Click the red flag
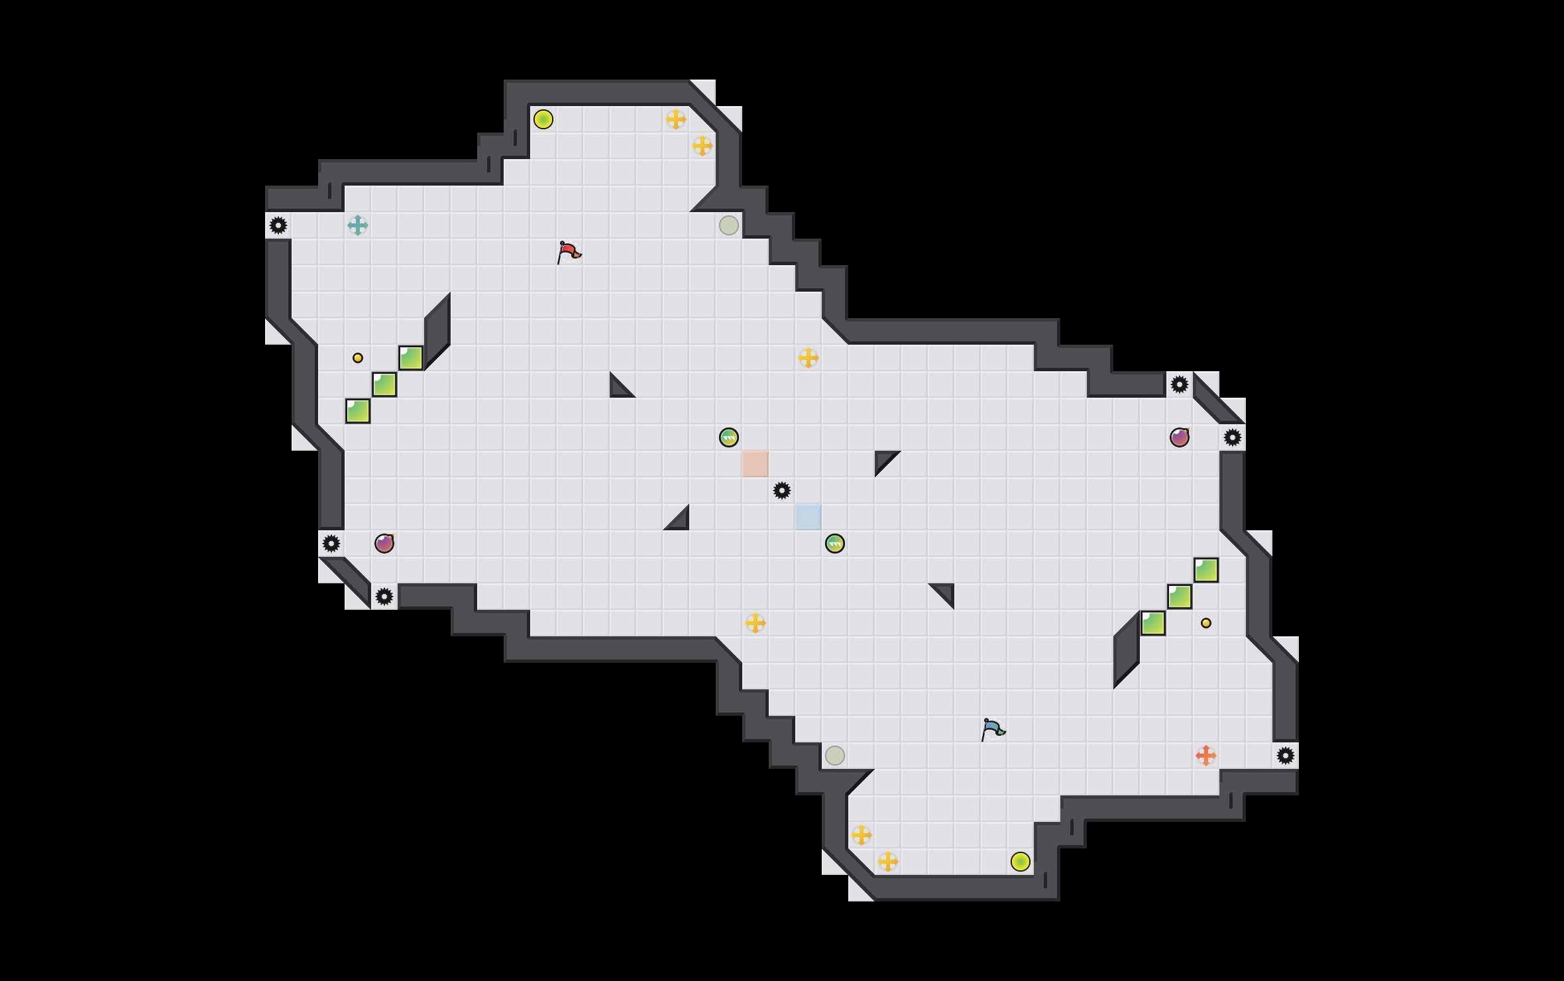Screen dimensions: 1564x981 [x=569, y=252]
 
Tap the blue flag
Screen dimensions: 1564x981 [x=993, y=729]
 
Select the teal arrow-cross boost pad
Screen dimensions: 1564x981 [x=358, y=225]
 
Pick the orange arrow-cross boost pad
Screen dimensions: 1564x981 [x=1206, y=756]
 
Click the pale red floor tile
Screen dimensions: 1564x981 [x=755, y=464]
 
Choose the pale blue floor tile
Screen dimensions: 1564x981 [x=809, y=517]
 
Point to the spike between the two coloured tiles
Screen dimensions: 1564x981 [x=782, y=490]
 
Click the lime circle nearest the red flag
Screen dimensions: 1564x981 [x=543, y=119]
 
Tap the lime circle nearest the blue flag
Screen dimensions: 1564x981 [x=1021, y=862]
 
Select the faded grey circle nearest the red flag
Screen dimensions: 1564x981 [x=729, y=225]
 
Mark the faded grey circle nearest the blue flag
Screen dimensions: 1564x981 [x=835, y=756]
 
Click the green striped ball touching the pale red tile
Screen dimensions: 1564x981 [x=729, y=437]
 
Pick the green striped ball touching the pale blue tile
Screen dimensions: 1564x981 [x=835, y=544]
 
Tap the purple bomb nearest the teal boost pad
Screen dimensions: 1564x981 [x=384, y=544]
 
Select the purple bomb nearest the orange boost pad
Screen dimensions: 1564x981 [x=1180, y=437]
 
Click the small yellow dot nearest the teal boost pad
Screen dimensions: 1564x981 [x=358, y=358]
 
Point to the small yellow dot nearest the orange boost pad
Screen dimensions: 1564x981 [x=1206, y=623]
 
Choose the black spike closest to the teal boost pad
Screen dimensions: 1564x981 [x=278, y=225]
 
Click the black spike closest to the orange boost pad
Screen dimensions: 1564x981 [x=1286, y=756]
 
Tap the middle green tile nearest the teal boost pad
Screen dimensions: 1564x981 [x=384, y=384]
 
